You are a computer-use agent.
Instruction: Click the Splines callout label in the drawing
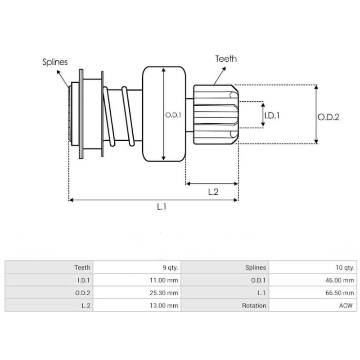click(55, 62)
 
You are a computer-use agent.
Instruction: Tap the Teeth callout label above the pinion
click(226, 58)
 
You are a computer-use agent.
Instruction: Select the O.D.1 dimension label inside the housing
click(173, 115)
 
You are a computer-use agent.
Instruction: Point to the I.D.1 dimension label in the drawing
click(272, 115)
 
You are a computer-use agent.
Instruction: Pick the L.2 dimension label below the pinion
click(213, 192)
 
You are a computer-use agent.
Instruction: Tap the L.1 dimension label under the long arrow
click(162, 207)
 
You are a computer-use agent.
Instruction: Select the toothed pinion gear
click(215, 115)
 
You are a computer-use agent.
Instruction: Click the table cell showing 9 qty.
click(169, 267)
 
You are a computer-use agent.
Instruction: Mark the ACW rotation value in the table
click(346, 305)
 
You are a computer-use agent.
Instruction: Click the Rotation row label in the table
click(256, 305)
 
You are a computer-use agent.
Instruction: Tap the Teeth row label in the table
click(82, 267)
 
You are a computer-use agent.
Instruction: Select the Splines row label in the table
click(256, 267)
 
